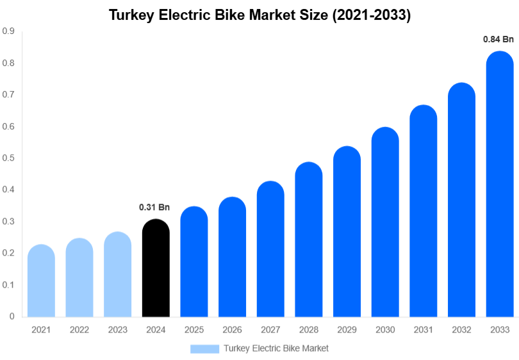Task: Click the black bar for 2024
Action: coord(156,269)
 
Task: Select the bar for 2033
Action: coord(500,186)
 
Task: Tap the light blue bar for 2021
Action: coord(41,282)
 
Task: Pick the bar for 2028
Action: coord(309,240)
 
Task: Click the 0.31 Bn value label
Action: coord(154,207)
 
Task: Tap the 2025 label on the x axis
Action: coord(194,330)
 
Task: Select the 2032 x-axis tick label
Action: coord(461,330)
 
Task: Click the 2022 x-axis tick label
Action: coord(79,330)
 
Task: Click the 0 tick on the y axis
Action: coord(12,316)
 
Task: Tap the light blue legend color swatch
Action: coord(204,348)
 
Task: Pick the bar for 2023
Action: coord(117,275)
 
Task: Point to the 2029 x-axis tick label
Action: coord(347,330)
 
